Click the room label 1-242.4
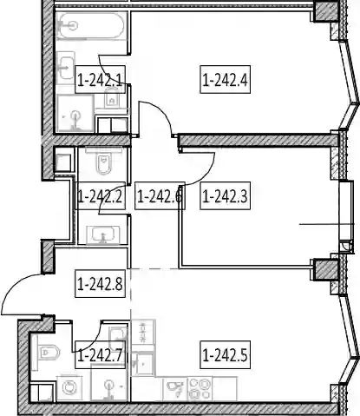pos(226,80)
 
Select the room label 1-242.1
pos(100,80)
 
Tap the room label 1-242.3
pos(226,196)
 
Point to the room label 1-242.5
pos(226,355)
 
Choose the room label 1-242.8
pos(100,284)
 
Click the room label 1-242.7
pos(100,355)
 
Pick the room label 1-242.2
pos(100,196)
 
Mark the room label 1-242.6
pos(160,196)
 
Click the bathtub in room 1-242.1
pos(92,26)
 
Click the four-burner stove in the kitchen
pos(200,389)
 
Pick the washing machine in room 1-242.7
pos(69,388)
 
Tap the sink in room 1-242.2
pos(103,234)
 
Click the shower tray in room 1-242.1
pos(75,114)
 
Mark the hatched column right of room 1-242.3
pos(326,269)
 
